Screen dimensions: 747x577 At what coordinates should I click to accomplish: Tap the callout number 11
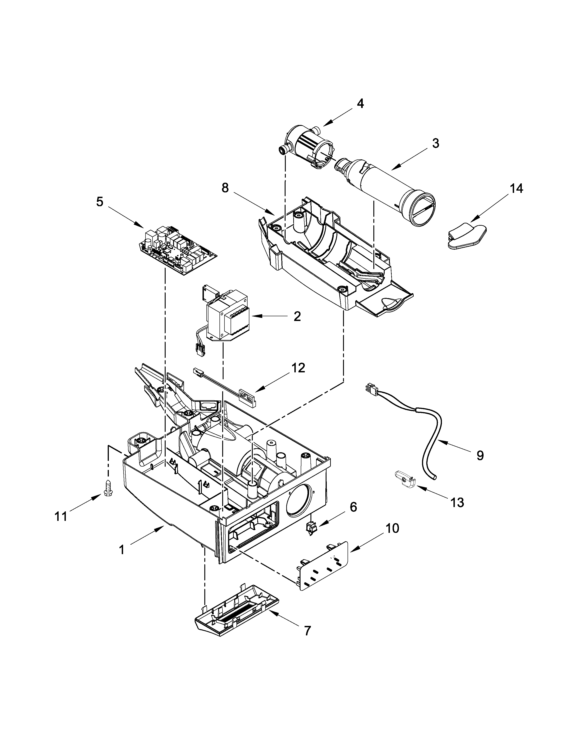(61, 517)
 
